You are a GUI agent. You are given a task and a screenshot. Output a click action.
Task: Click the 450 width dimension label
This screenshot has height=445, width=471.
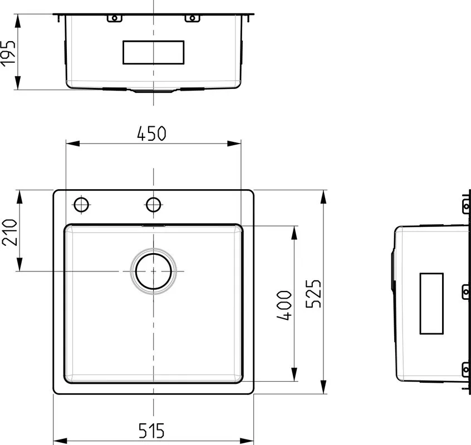(x=151, y=133)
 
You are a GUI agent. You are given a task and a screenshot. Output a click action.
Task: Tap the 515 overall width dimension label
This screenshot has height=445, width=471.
(x=151, y=431)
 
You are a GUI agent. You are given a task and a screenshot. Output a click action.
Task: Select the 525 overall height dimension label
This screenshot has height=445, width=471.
(x=313, y=294)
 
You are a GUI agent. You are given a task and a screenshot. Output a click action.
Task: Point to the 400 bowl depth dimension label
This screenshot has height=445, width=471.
(x=284, y=305)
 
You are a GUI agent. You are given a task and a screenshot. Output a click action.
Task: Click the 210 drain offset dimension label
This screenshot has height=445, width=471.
(x=9, y=233)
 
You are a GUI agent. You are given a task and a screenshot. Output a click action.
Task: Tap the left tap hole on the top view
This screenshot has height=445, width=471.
(x=81, y=205)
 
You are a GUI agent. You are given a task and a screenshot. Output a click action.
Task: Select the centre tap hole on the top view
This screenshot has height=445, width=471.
(x=154, y=205)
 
